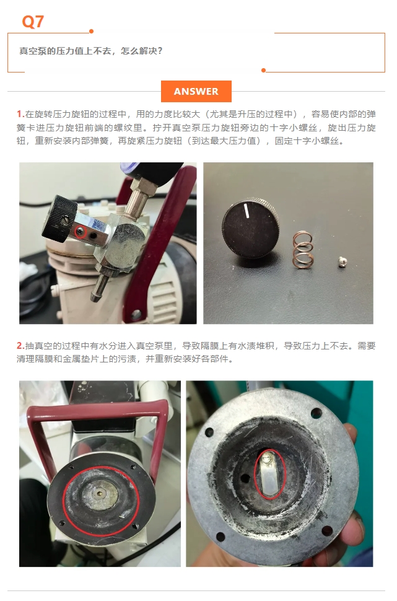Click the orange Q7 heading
pyautogui.click(x=33, y=22)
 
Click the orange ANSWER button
pyautogui.click(x=196, y=91)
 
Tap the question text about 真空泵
pyautogui.click(x=91, y=51)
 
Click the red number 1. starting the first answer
pyautogui.click(x=20, y=114)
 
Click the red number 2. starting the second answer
pyautogui.click(x=20, y=346)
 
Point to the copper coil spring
pyautogui.click(x=303, y=249)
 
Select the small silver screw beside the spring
pyautogui.click(x=343, y=262)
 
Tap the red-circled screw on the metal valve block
pyautogui.click(x=80, y=230)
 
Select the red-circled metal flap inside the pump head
pyautogui.click(x=271, y=475)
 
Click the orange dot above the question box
pyautogui.click(x=91, y=32)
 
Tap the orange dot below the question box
pyautogui.click(x=263, y=70)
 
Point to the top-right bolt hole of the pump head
pyautogui.click(x=316, y=413)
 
